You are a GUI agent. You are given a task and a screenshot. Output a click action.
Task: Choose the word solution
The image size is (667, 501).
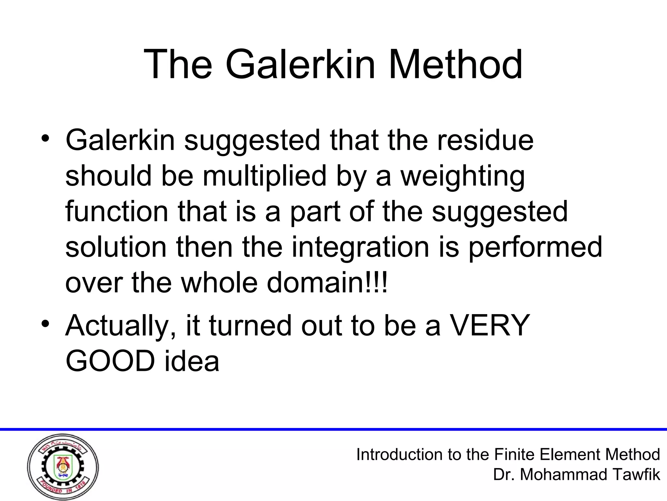pyautogui.click(x=116, y=247)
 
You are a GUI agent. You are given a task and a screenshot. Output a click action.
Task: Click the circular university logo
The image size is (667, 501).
pyautogui.click(x=63, y=467)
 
